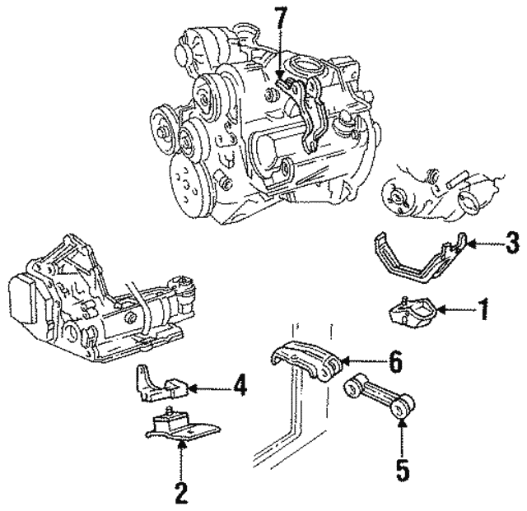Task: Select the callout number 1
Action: click(483, 310)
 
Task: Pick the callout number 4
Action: click(238, 385)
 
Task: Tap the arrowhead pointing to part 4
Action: click(191, 385)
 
